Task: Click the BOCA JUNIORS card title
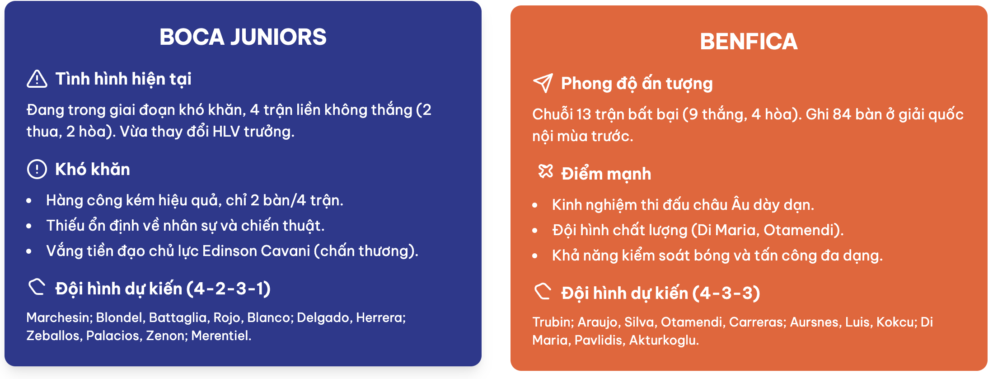243,37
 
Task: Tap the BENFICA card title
749,42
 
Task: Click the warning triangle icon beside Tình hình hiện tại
37,79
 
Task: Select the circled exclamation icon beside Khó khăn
37,169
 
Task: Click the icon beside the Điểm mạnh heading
545,171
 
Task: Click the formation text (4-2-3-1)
229,289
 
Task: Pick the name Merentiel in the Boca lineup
221,336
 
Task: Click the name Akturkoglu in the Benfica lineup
664,340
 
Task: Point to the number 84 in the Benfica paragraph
842,114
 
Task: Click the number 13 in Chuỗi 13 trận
584,114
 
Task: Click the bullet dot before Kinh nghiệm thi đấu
535,205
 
